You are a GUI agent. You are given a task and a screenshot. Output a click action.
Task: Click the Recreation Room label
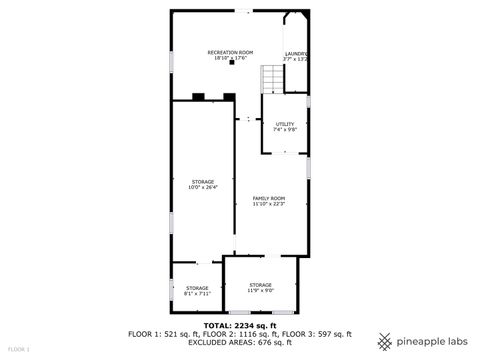click(x=230, y=52)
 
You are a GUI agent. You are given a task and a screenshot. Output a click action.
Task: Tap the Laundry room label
click(x=296, y=53)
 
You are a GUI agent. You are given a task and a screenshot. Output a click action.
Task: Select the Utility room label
click(x=285, y=124)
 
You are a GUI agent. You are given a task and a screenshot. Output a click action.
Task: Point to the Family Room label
click(x=269, y=198)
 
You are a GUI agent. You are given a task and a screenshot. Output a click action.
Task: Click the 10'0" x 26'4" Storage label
click(x=203, y=182)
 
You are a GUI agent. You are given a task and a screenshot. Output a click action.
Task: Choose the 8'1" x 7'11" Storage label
click(x=197, y=288)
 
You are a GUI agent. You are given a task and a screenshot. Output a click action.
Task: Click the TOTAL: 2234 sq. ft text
click(x=239, y=325)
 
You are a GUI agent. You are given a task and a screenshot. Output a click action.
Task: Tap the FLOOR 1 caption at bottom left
click(x=18, y=350)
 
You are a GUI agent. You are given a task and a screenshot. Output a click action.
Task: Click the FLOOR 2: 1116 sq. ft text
click(x=239, y=333)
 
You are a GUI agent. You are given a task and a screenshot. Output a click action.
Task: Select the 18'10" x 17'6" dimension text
click(x=230, y=58)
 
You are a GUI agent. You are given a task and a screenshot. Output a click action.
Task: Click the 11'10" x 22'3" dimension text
click(x=269, y=204)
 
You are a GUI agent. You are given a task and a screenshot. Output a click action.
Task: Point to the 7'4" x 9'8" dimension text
click(x=285, y=130)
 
